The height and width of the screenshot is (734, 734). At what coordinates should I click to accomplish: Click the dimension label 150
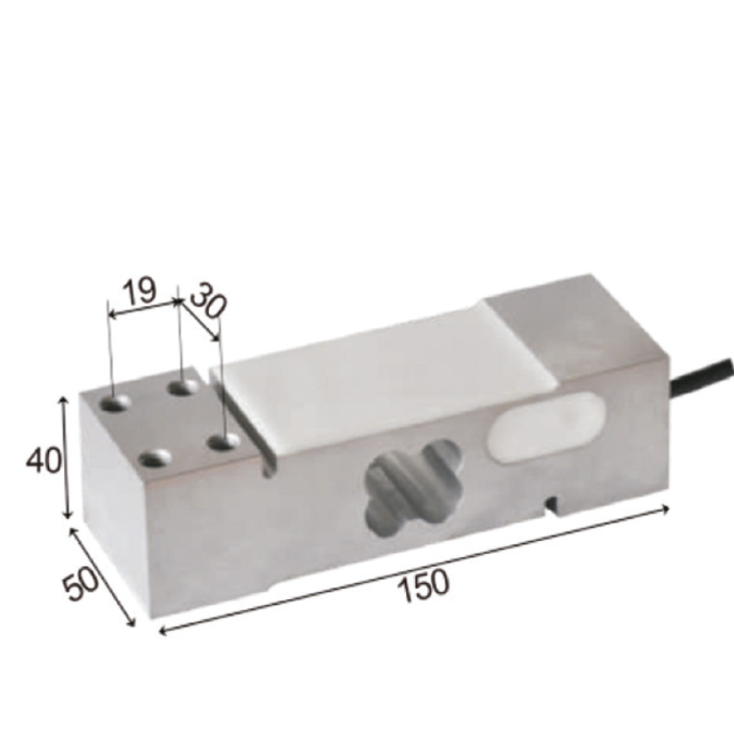point(424,586)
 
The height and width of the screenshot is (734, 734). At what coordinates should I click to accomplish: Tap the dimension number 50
point(81,583)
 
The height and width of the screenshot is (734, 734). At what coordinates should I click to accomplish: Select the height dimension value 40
point(44,460)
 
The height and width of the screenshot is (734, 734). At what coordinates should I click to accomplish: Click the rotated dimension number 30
point(208,301)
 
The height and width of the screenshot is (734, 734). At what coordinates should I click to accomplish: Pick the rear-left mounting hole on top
point(116,403)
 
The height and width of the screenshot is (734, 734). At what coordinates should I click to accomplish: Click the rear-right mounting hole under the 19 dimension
point(184,388)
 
